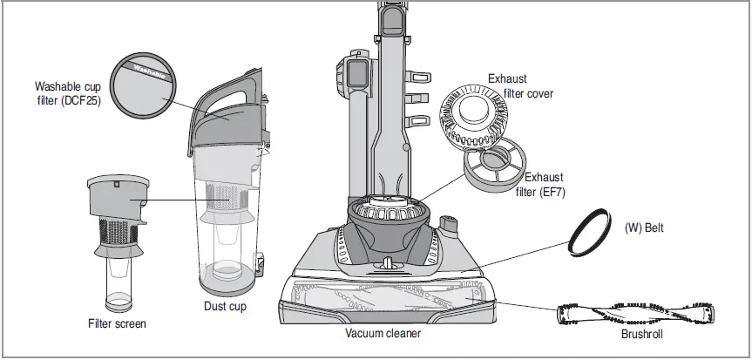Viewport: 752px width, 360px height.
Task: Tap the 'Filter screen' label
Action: (x=117, y=323)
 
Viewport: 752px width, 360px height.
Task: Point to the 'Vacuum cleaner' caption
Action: (x=383, y=333)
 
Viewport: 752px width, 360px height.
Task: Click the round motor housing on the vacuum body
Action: (x=390, y=213)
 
